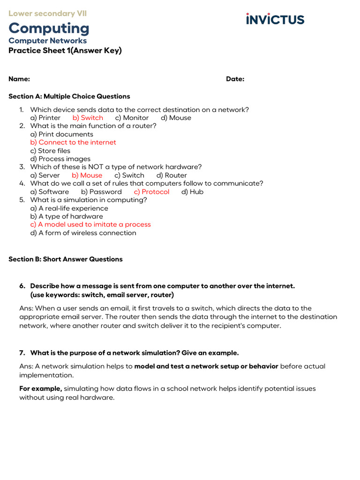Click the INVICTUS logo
275,19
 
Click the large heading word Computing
49,28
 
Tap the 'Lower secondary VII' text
47,14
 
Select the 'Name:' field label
19,79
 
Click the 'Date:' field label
235,79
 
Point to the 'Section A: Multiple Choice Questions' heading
69,96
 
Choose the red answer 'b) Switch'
88,118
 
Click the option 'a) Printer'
45,118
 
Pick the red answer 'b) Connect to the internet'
73,142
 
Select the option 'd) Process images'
60,158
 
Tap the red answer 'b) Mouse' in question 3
87,175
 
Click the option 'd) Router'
172,175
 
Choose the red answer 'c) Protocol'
151,192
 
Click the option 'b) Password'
101,192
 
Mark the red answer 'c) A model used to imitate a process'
90,224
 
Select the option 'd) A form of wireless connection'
83,232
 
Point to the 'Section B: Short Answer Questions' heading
66,259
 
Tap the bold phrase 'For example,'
40,389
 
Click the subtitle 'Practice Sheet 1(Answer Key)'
65,51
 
